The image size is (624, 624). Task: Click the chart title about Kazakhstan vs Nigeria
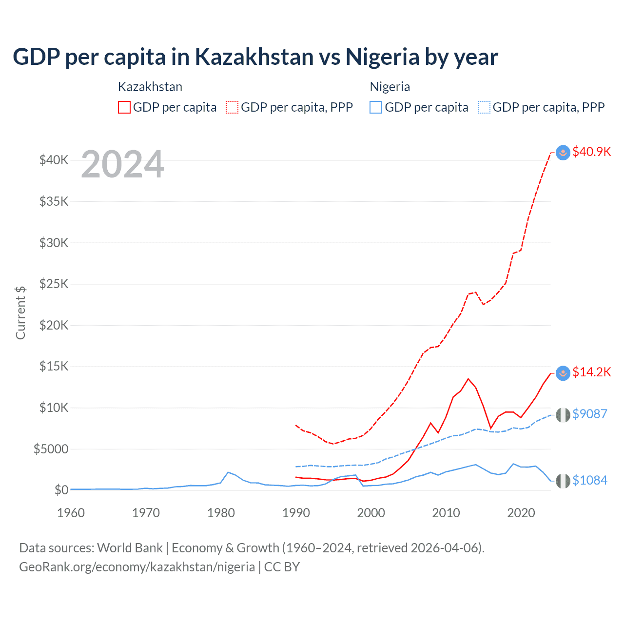[255, 57]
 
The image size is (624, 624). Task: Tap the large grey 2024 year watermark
[122, 165]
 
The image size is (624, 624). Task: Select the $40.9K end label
[591, 152]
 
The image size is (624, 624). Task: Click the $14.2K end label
[591, 372]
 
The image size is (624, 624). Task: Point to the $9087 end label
[589, 414]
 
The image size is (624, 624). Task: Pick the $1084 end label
[589, 480]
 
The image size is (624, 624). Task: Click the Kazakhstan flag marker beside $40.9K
[563, 153]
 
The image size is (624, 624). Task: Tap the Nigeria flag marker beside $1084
[563, 481]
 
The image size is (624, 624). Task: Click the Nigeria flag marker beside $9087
[563, 415]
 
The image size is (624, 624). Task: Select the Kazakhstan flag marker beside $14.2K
[563, 373]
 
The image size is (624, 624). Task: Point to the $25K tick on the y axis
[54, 284]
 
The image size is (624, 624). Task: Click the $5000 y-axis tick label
[51, 449]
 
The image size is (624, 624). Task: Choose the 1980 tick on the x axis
[221, 513]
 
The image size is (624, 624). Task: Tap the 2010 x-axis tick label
[446, 513]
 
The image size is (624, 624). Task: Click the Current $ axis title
[20, 313]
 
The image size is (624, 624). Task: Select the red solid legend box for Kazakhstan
[124, 107]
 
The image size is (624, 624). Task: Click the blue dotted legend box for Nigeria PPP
[484, 107]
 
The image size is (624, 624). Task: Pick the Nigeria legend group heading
[390, 87]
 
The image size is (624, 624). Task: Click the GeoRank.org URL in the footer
[137, 567]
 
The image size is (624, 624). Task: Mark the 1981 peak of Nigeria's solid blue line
[228, 472]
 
